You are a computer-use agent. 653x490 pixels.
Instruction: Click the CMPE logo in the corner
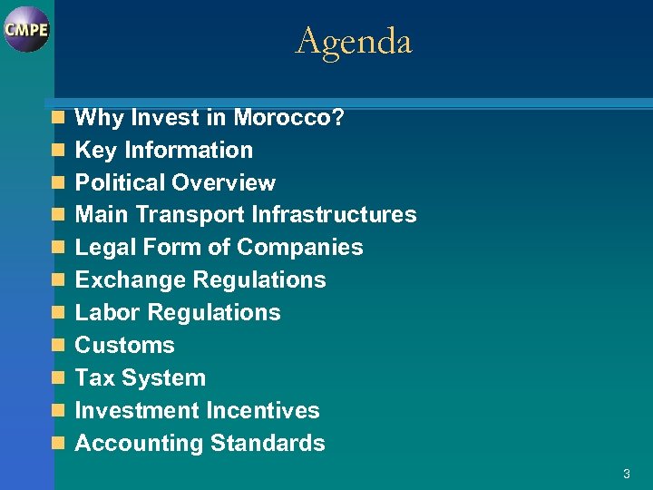[26, 29]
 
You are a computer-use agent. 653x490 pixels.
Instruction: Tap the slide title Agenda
[354, 41]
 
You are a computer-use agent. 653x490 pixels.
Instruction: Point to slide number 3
[626, 474]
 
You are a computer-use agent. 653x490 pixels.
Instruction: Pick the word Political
[119, 182]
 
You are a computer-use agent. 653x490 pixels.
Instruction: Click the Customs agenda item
[124, 346]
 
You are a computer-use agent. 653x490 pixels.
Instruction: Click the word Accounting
[139, 444]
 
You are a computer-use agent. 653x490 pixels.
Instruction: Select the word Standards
[268, 444]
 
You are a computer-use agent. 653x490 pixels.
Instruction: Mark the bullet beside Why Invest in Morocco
[58, 117]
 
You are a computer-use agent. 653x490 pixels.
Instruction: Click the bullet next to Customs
[58, 346]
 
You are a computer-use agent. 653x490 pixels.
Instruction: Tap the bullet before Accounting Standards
[58, 444]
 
